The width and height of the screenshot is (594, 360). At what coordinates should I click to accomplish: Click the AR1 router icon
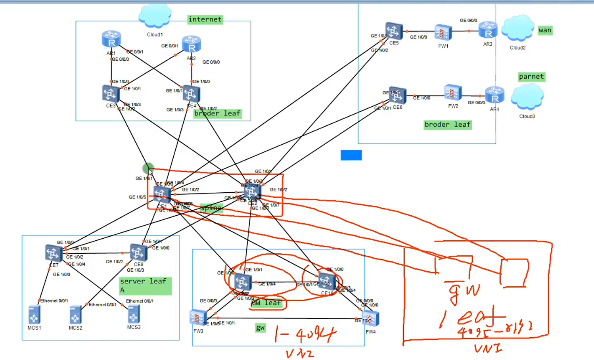tap(111, 39)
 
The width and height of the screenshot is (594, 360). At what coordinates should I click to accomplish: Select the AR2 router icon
tap(192, 44)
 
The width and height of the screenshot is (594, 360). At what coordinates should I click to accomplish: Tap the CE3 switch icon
tap(111, 94)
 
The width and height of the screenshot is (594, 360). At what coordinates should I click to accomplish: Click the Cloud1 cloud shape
tap(155, 17)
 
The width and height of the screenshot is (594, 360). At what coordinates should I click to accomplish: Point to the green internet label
tap(205, 19)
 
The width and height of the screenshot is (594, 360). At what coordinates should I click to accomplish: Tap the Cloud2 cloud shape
tap(517, 29)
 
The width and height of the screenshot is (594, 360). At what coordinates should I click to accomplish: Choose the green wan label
tap(545, 30)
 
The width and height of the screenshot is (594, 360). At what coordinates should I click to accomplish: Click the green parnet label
tap(531, 77)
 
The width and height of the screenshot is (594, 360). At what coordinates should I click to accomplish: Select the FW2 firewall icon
tap(453, 93)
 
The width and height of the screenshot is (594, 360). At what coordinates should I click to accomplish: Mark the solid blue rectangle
tap(351, 155)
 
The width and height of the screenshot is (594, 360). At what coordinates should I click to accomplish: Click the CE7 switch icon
tap(54, 253)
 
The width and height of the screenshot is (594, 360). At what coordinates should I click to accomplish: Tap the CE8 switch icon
tap(138, 252)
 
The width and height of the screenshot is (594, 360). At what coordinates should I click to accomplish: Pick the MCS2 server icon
tap(75, 316)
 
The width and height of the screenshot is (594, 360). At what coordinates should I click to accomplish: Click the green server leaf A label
tap(145, 285)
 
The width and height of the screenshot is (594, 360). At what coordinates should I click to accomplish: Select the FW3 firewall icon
tap(198, 318)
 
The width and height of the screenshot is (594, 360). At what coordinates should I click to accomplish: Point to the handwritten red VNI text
tap(488, 348)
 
